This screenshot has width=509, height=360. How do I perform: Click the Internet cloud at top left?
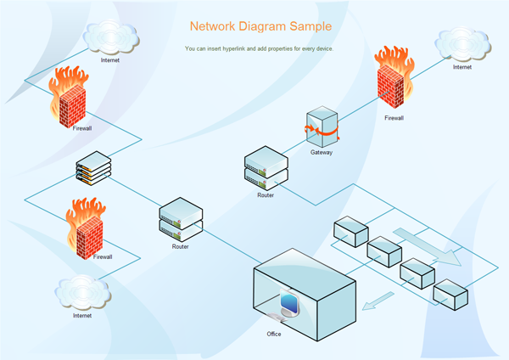coord(110,37)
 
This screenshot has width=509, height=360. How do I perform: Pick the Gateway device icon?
coord(322,127)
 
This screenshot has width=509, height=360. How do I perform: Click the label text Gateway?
coord(322,153)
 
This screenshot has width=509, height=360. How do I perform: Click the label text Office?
coord(274,334)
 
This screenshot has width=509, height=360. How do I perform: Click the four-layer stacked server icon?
coord(93,168)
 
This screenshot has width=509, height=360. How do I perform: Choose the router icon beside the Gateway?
coord(266,167)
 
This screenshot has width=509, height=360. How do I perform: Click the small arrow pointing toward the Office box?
coord(379,301)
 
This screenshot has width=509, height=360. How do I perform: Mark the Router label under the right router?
coord(266,195)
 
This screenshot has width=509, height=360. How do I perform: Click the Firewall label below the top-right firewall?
coord(394,118)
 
